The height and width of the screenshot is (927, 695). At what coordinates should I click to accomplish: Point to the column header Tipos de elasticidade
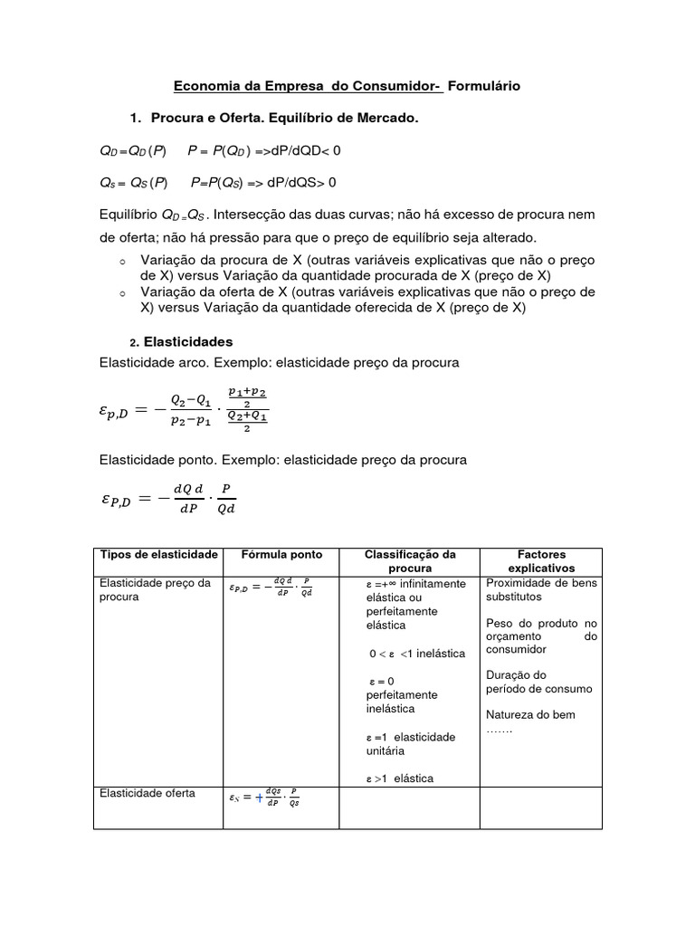[x=158, y=554]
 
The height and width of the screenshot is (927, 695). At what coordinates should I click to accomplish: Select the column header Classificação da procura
[x=410, y=560]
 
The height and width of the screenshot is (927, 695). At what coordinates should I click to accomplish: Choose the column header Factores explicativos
[x=541, y=560]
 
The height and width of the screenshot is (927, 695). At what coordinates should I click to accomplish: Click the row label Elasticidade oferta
[x=146, y=793]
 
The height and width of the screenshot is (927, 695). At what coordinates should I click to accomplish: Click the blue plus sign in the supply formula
[x=259, y=798]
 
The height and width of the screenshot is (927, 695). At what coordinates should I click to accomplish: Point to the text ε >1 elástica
[x=400, y=778]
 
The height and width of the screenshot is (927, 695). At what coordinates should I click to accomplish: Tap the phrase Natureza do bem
[x=530, y=714]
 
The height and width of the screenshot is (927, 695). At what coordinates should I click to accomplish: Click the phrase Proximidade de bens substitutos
[x=541, y=590]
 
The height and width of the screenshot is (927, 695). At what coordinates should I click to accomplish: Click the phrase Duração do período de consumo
[x=539, y=682]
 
